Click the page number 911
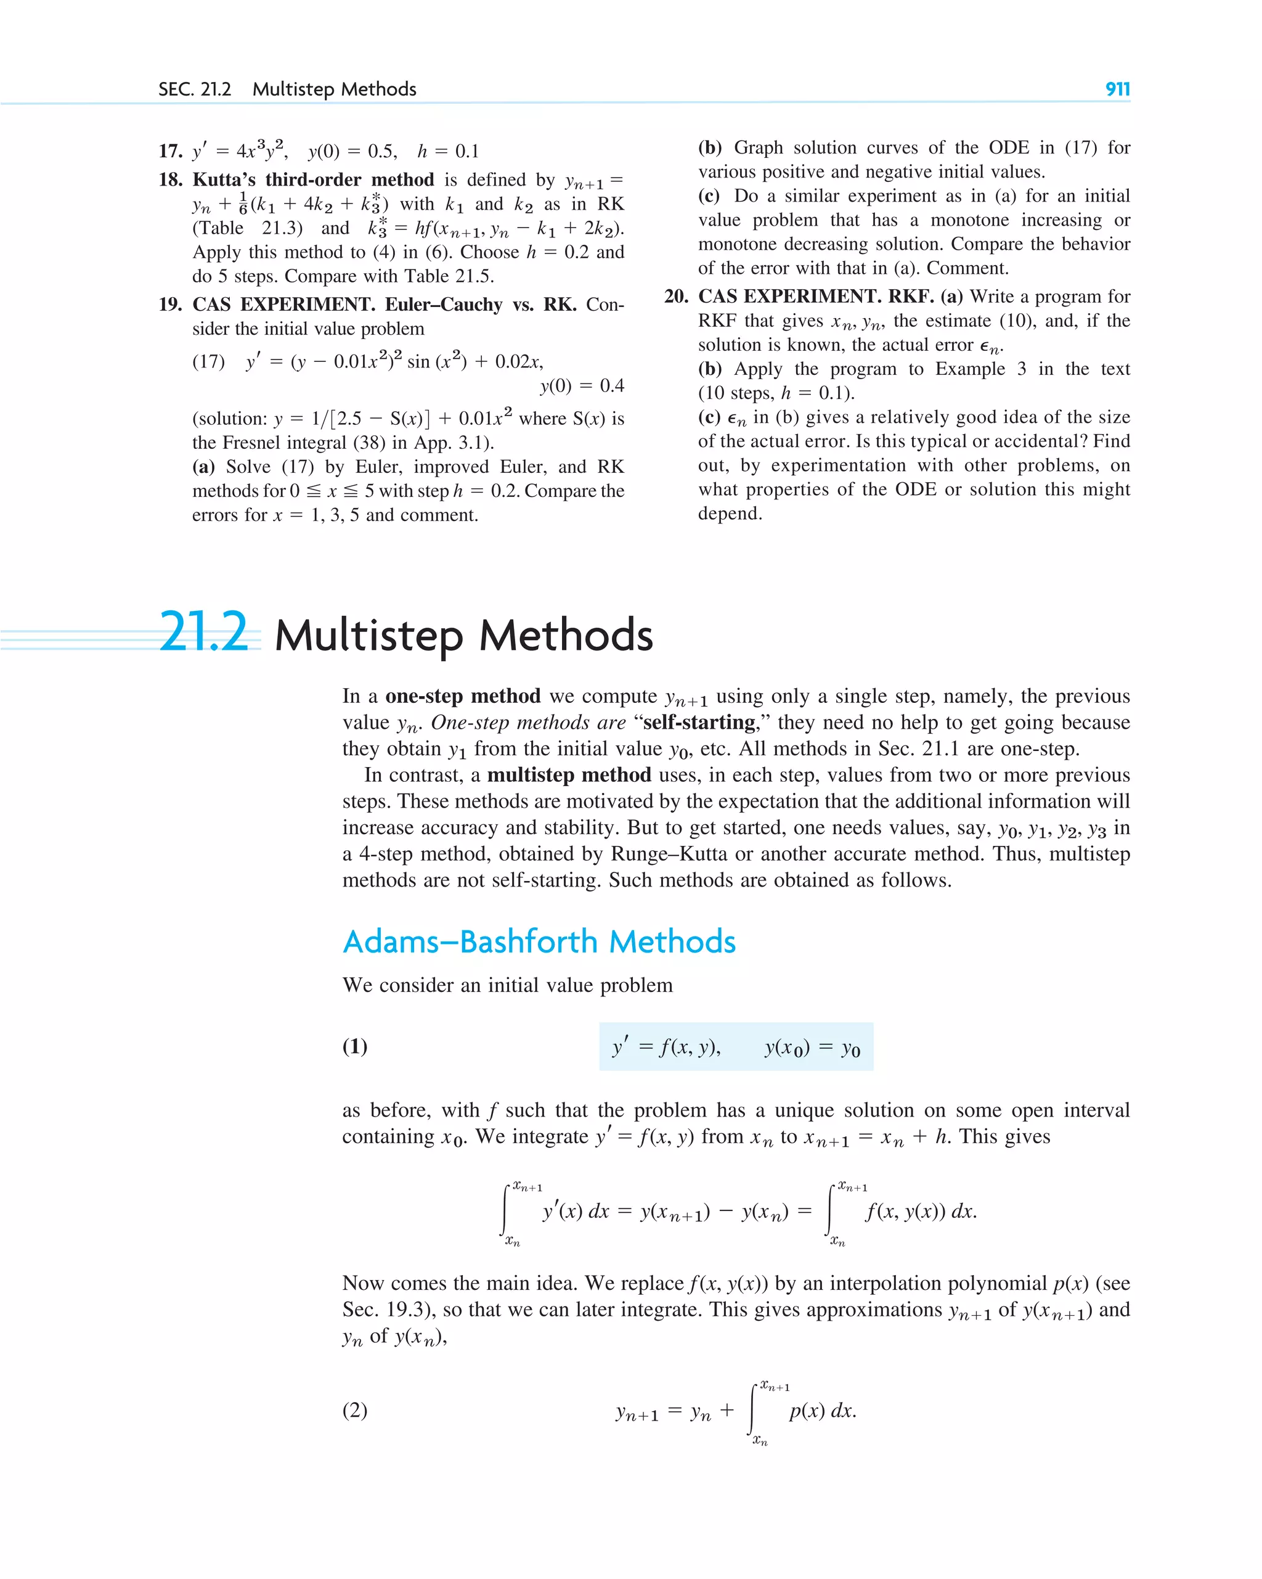click(x=1117, y=89)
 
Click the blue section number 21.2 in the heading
click(x=204, y=632)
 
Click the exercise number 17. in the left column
click(x=170, y=152)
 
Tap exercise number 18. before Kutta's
click(x=170, y=180)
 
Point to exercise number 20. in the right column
click(x=675, y=297)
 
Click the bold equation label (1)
click(x=355, y=1046)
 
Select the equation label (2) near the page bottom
click(x=355, y=1410)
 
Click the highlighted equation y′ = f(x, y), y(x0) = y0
click(x=736, y=1048)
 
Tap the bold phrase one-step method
click(x=463, y=695)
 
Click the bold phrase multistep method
click(x=569, y=775)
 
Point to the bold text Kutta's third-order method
click(x=313, y=180)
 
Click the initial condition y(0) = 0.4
click(x=582, y=386)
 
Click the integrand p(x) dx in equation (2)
click(x=822, y=1411)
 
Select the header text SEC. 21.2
click(x=195, y=89)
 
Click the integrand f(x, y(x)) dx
click(x=920, y=1212)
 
